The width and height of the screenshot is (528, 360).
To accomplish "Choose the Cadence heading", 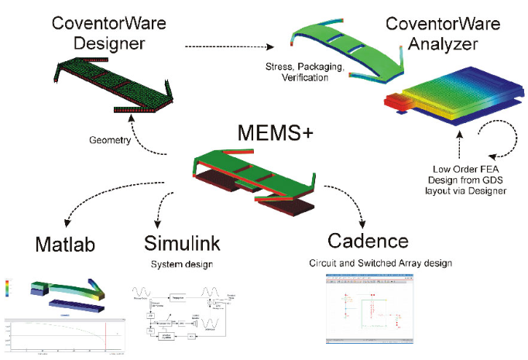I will click(367, 239).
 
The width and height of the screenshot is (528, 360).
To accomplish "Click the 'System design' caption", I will click(182, 266).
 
